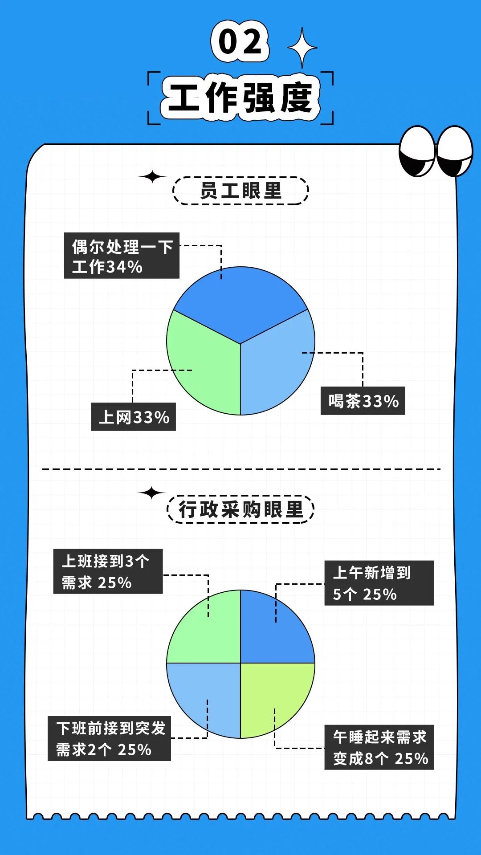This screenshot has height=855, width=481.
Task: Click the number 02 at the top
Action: pos(240,41)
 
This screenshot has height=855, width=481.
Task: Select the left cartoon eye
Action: pos(417,151)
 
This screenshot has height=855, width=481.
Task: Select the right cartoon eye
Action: pos(455,151)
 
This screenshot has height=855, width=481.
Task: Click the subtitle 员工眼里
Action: pos(240,191)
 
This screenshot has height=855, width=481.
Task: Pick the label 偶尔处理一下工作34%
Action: pos(122,256)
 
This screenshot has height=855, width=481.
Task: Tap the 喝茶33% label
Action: pos(363,401)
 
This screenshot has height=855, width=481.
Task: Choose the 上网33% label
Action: pos(133,417)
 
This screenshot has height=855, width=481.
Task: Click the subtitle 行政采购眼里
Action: pos(240,509)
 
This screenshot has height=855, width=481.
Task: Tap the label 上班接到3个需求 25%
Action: pos(108,571)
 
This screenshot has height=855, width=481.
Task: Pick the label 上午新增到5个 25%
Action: pos(379,583)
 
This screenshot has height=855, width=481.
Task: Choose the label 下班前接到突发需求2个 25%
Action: pos(109,738)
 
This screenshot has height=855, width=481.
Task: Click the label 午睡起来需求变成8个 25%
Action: pos(379,747)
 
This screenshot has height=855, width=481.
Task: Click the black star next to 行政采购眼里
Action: pos(151,493)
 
